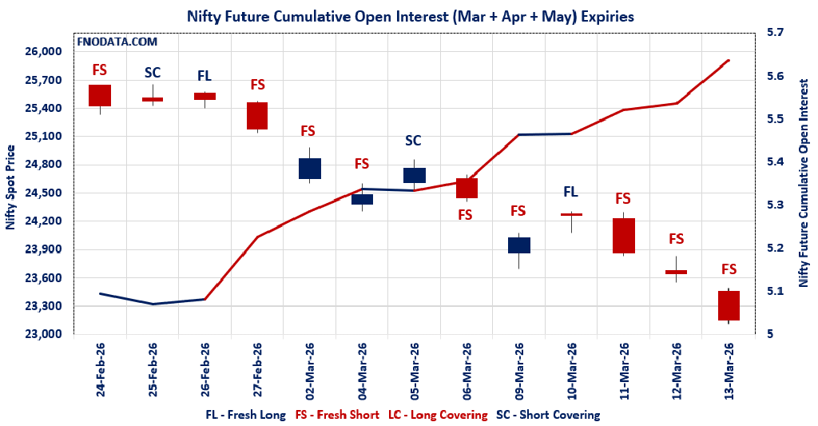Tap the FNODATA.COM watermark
click(117, 42)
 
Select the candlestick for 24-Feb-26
click(100, 95)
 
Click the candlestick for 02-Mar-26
click(309, 169)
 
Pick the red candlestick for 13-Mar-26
click(729, 305)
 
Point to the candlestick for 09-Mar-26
click(518, 245)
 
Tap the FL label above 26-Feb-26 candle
click(204, 76)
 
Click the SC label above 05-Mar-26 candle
click(413, 141)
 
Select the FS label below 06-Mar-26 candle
click(465, 214)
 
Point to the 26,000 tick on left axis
click(45, 52)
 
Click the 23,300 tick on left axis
click(45, 306)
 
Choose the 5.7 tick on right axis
click(776, 33)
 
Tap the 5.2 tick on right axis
click(776, 249)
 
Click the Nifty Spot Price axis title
click(10, 188)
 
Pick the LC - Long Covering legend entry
click(438, 415)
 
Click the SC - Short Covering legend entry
click(548, 415)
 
